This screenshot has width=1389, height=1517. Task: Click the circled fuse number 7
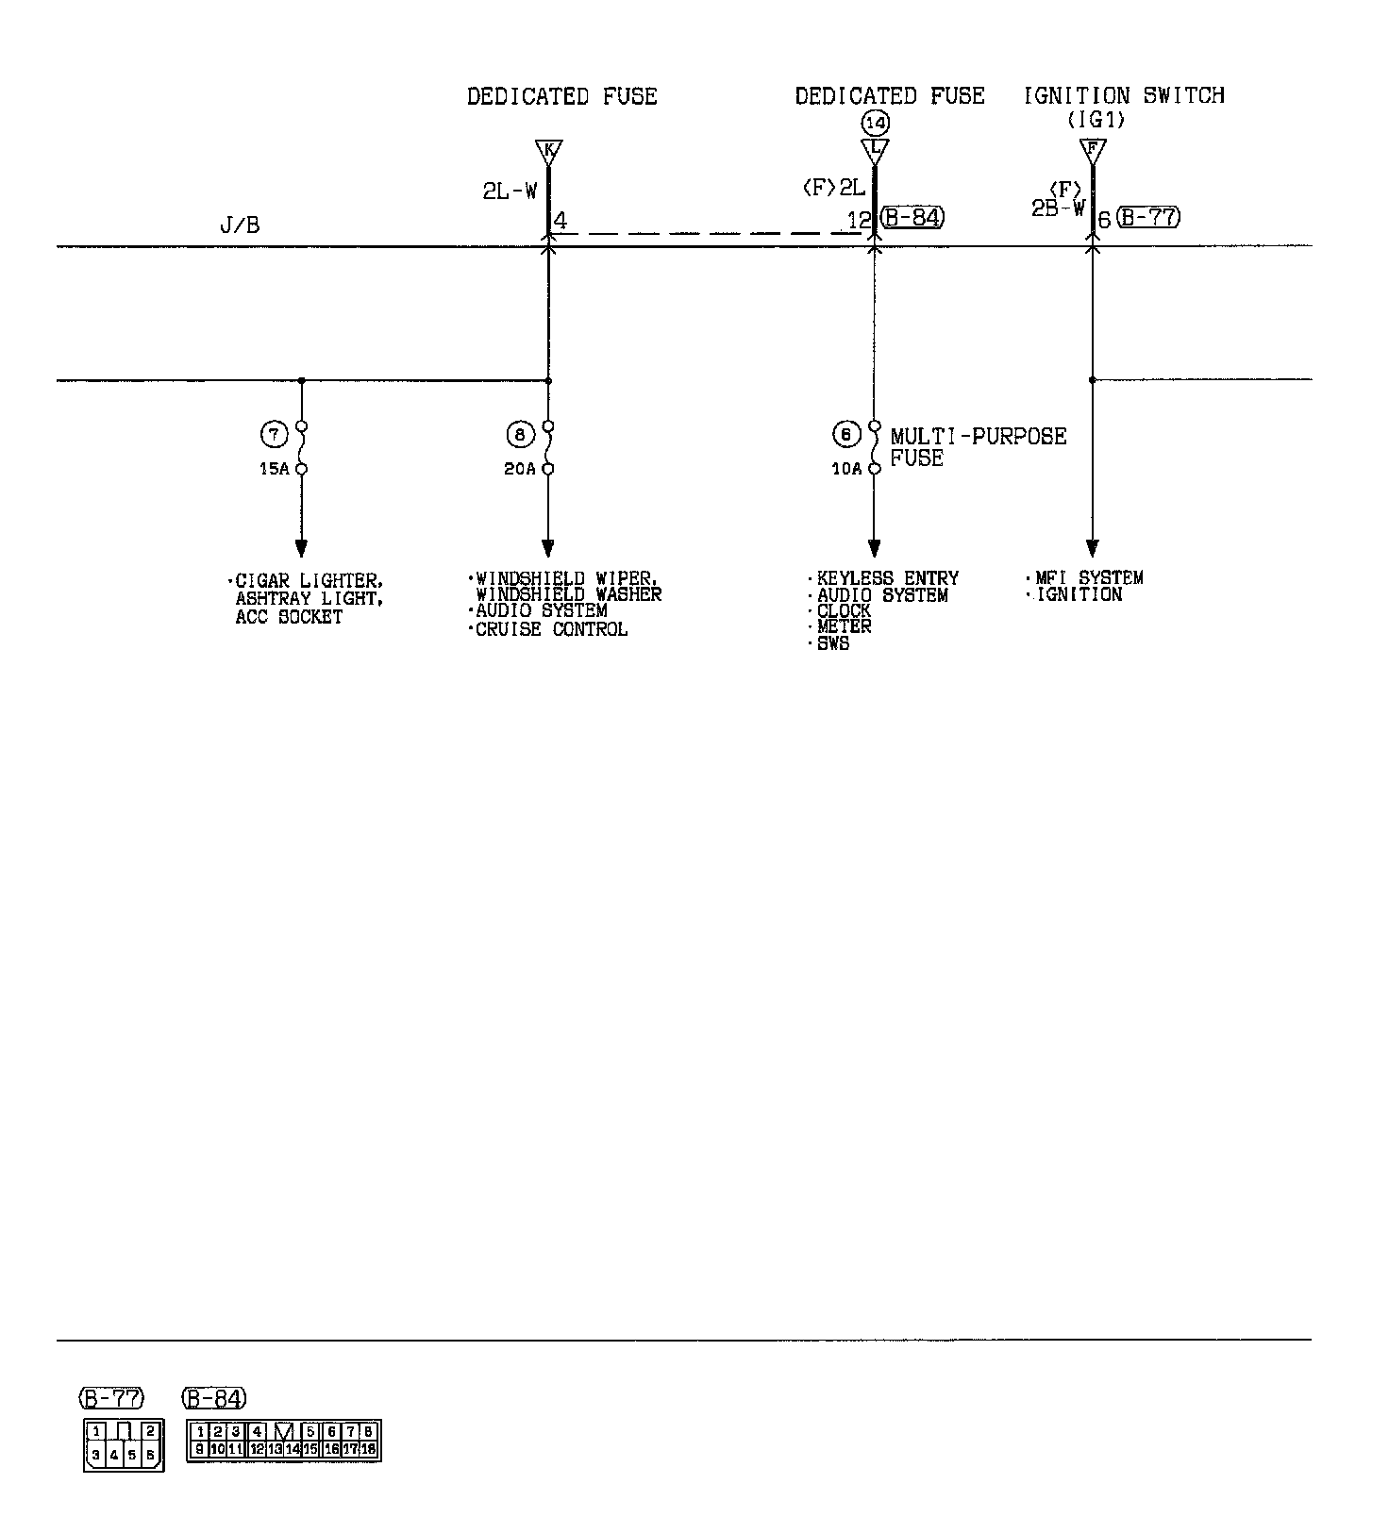(x=274, y=435)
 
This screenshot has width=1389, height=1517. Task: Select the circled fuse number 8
(x=520, y=435)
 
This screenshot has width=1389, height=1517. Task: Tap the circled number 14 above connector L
(x=875, y=123)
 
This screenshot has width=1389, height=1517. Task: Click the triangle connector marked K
(x=547, y=150)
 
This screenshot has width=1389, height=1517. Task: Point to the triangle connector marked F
(x=1092, y=149)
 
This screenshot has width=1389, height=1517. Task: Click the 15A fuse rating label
(x=274, y=469)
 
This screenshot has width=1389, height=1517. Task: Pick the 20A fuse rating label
(x=519, y=469)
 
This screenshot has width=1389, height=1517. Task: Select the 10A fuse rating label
(x=846, y=469)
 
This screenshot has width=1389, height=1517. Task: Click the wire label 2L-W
(x=510, y=191)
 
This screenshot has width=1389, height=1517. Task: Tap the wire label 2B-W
(x=1058, y=208)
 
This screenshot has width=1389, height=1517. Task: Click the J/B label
(x=240, y=225)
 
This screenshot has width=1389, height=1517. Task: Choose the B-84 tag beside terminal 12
(x=912, y=219)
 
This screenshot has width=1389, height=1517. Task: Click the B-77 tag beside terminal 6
(x=1148, y=218)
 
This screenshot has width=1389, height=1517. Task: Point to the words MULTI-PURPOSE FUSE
(x=978, y=447)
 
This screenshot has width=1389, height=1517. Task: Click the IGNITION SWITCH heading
(x=1124, y=95)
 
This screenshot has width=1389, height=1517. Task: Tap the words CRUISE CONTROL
(x=551, y=629)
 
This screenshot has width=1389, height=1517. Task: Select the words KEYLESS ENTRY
(x=887, y=578)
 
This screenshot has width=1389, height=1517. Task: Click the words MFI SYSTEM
(x=1089, y=577)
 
